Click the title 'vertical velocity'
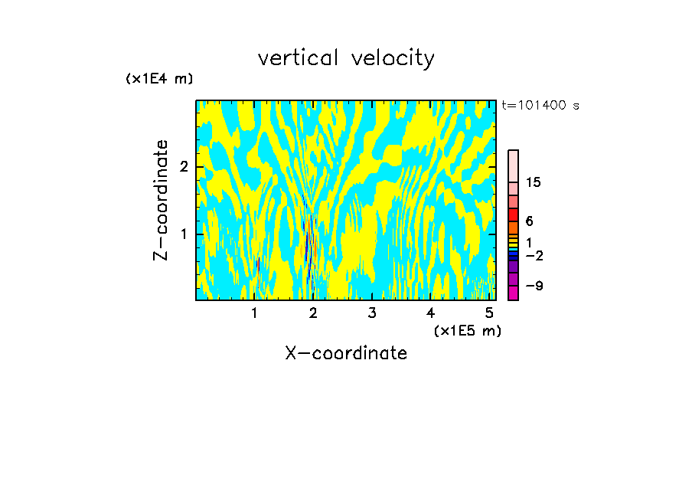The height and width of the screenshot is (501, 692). pos(346,58)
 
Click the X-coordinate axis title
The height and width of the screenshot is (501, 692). pos(346,353)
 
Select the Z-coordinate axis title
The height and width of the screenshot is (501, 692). pos(161,200)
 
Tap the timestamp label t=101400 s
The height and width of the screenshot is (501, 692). pos(540,106)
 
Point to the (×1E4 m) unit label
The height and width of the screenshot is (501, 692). pos(159,79)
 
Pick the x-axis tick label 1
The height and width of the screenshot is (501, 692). pos(255,313)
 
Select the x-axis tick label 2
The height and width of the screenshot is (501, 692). pos(313,313)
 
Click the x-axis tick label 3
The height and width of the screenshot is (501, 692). pos(372,313)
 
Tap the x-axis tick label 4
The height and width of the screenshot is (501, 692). pos(430,313)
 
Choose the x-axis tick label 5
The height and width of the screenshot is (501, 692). pos(489,313)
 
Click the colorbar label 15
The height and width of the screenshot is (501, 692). pos(534,182)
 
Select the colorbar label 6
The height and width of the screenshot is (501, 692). pos(529,221)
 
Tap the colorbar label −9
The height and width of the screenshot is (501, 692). pos(534,286)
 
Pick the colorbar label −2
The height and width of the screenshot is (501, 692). pos(534,255)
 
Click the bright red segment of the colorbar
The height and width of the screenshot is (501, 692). pos(513,215)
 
